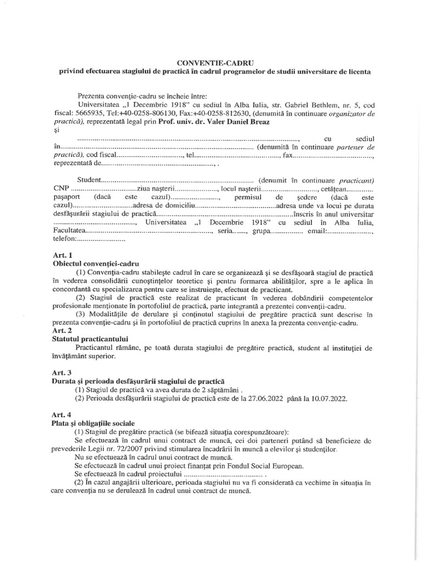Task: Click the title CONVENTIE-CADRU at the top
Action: (210, 62)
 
